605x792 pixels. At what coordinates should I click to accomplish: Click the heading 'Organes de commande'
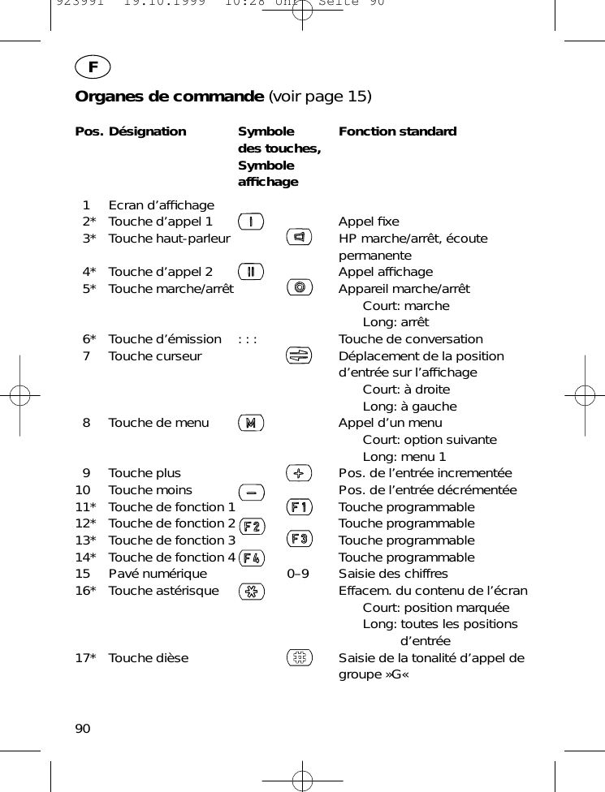[x=164, y=97]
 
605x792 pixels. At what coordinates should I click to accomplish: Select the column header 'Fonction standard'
[x=397, y=131]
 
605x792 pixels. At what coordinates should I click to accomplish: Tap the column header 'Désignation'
[x=147, y=131]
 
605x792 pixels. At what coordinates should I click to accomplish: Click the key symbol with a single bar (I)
[x=251, y=221]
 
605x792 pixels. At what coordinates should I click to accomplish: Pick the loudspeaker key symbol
[x=300, y=237]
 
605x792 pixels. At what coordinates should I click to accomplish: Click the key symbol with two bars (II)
[x=251, y=271]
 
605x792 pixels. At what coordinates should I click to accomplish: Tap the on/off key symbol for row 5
[x=300, y=287]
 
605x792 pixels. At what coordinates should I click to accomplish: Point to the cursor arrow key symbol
[x=300, y=355]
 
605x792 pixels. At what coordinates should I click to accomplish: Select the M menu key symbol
[x=251, y=422]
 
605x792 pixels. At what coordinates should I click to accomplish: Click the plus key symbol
[x=300, y=472]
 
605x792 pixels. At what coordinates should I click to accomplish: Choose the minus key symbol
[x=252, y=492]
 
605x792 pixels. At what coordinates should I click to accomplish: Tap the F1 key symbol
[x=300, y=507]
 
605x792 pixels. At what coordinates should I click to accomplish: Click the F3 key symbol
[x=300, y=539]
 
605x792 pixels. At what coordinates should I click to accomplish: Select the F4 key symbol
[x=252, y=557]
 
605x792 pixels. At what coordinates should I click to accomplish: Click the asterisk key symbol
[x=251, y=592]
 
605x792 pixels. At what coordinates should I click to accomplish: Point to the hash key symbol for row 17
[x=300, y=657]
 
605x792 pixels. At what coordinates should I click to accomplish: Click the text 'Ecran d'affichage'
[x=162, y=205]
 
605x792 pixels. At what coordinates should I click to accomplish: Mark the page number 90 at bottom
[x=83, y=728]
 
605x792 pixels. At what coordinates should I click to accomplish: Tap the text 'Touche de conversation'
[x=410, y=339]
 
